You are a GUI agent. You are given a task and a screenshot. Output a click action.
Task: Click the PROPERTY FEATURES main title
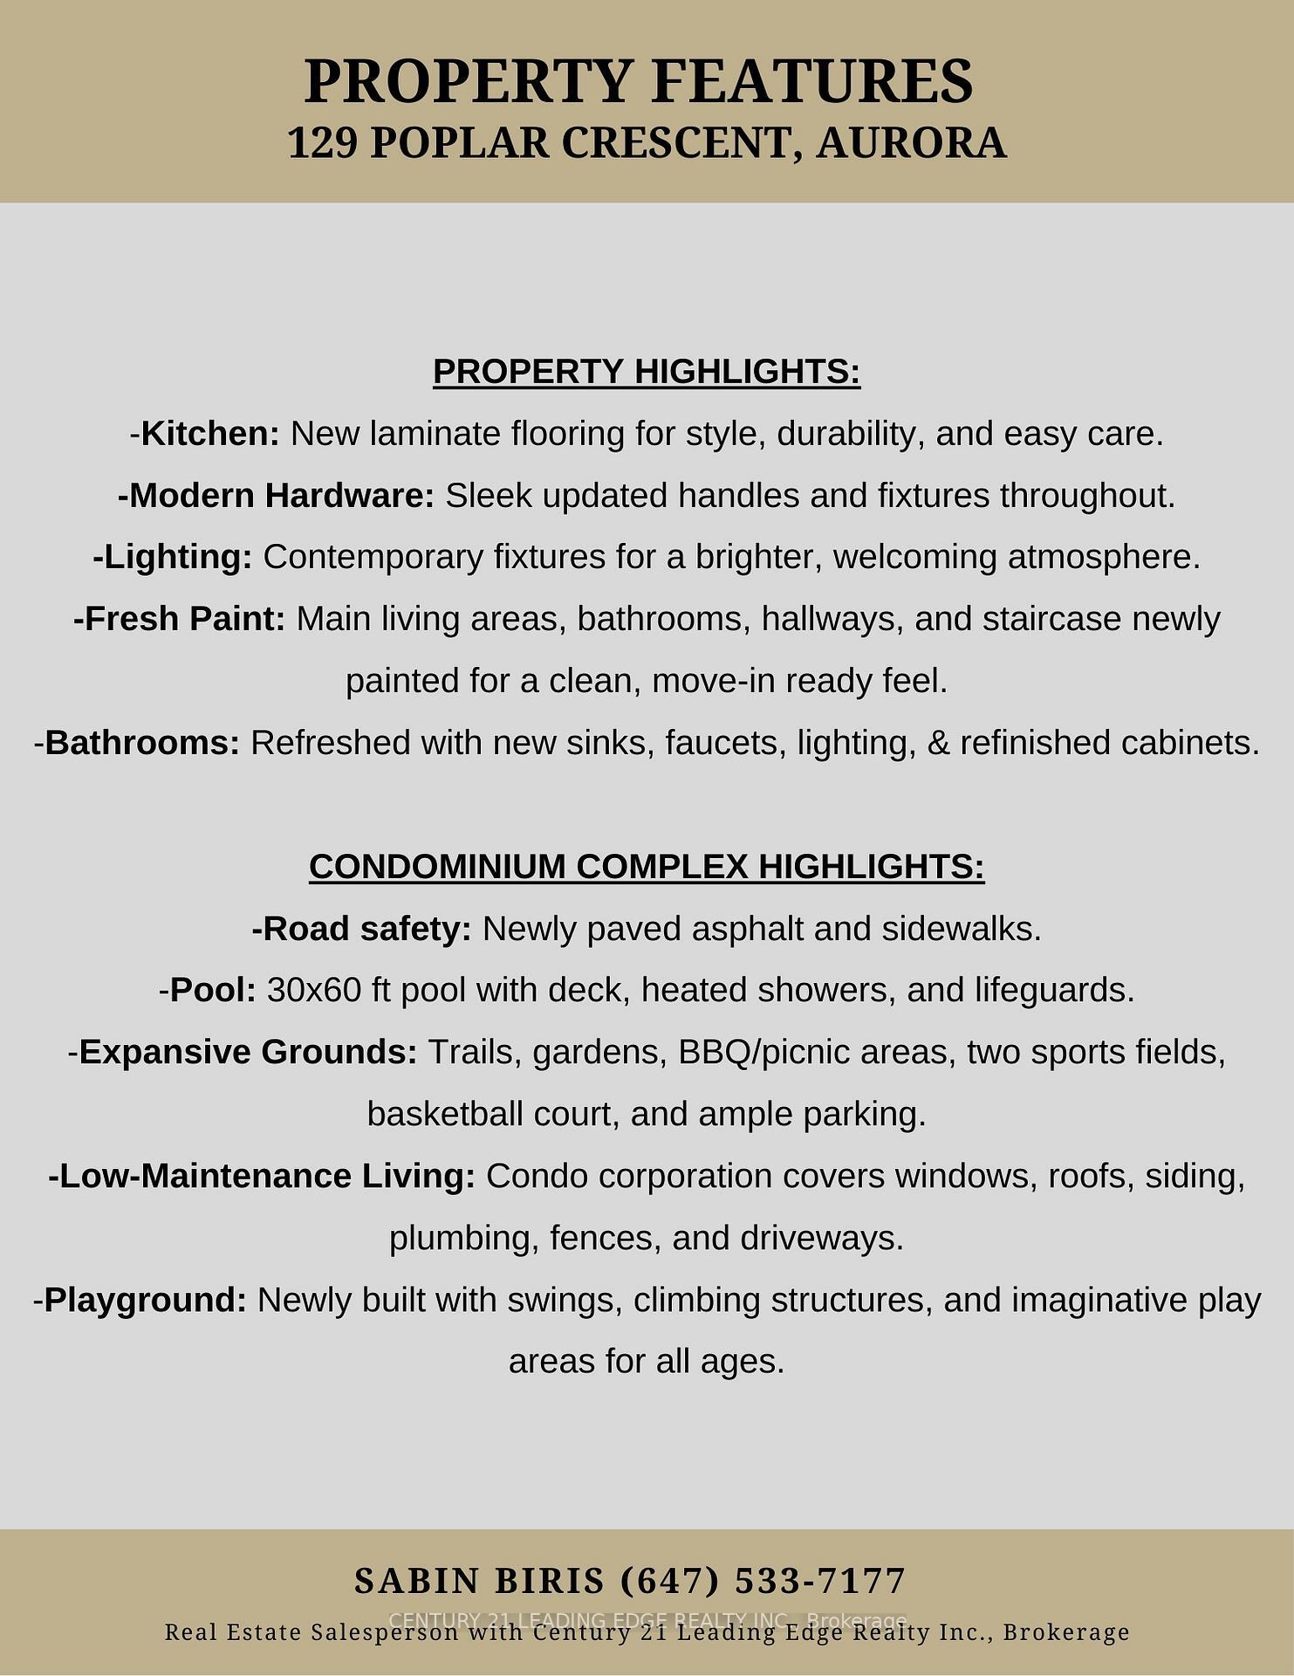click(638, 81)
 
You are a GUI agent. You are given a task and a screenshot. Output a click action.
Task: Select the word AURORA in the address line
click(912, 143)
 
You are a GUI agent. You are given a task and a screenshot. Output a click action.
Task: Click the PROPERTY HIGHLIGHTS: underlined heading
click(647, 372)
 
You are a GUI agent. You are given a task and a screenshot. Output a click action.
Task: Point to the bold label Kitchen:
click(210, 434)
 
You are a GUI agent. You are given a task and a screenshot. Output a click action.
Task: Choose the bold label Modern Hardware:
click(277, 496)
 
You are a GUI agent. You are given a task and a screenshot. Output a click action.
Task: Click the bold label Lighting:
click(173, 557)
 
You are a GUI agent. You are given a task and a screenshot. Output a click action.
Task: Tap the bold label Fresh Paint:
click(180, 619)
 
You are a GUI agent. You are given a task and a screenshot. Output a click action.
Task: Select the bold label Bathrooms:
click(142, 743)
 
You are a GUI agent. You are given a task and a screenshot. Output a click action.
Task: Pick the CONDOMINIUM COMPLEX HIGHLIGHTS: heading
click(647, 867)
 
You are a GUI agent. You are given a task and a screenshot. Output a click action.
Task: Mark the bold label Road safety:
click(362, 929)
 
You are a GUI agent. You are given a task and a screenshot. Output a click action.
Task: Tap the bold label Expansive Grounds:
click(249, 1053)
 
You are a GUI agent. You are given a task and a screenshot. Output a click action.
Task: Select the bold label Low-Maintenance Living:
click(263, 1177)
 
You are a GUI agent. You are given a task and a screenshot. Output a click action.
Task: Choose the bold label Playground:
click(146, 1301)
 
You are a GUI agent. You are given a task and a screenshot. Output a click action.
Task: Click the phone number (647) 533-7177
click(763, 1582)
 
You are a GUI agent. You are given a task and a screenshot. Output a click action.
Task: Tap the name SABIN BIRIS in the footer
click(479, 1582)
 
